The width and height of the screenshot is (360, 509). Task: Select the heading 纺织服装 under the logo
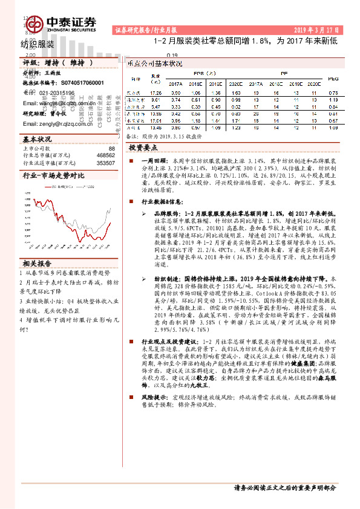[x=38, y=44]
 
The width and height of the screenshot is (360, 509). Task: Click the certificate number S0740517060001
[x=78, y=82]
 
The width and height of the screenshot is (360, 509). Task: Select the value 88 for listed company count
[x=111, y=149]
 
